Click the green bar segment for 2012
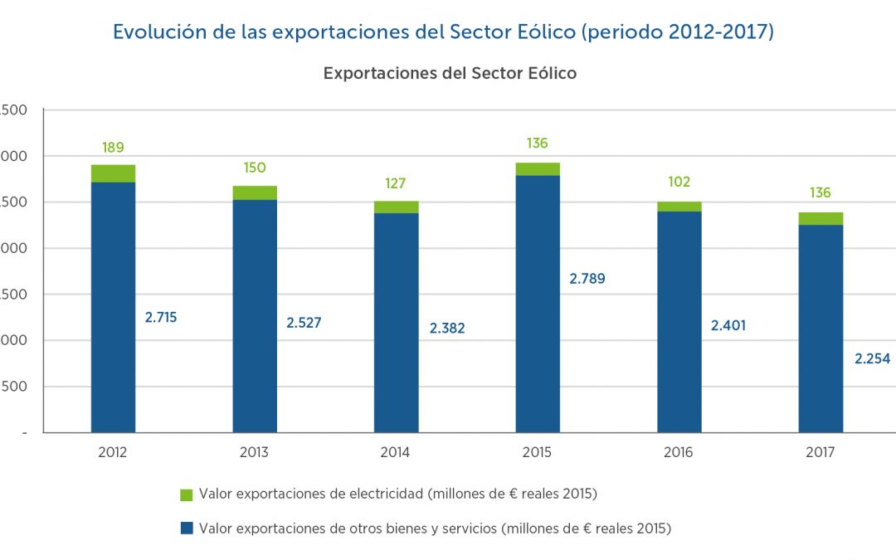coord(113,173)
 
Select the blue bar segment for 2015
coord(538,304)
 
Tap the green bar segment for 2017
coord(821,219)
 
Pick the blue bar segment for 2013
coord(255,315)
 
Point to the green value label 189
coord(113,148)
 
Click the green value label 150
coord(255,168)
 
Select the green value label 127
coord(396,184)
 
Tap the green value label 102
coord(679,183)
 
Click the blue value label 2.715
coord(160,317)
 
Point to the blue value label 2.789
coord(587,279)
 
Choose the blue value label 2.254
coord(872,359)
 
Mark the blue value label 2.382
coord(447,329)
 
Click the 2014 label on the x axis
coord(396,453)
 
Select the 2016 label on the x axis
coord(679,453)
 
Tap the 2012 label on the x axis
coord(113,453)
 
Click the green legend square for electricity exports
coord(187,495)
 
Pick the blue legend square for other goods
coord(187,528)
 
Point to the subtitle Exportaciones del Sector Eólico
coord(450,73)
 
